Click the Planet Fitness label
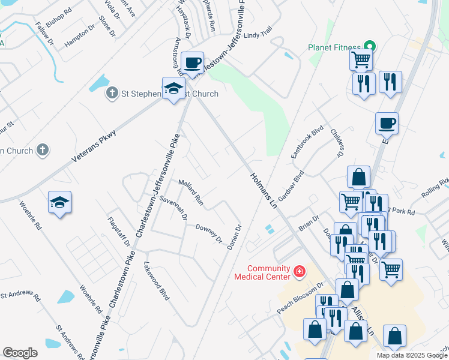pos(335,47)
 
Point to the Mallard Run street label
pos(190,191)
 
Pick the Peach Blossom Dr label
pos(300,298)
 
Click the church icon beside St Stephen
pos(112,93)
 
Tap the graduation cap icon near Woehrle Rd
pos(60,203)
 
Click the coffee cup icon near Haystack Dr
pos(192,62)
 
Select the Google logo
pos(20,353)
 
